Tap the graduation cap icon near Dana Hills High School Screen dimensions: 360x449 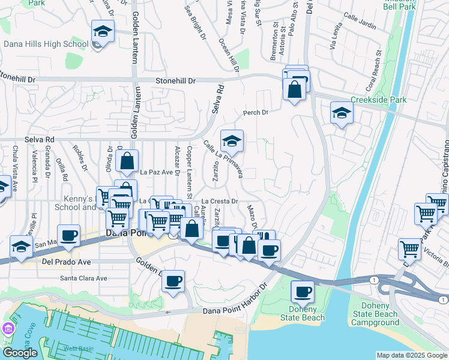tap(103, 31)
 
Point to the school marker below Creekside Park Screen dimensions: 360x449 tap(342, 112)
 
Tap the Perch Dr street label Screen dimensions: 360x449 tap(255, 112)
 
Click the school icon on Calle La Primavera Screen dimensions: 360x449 tap(232, 141)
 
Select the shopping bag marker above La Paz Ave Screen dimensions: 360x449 tap(128, 161)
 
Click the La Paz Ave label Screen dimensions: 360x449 tap(156, 172)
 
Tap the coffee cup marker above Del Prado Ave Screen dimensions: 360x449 tap(68, 235)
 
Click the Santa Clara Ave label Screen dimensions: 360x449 tap(83, 278)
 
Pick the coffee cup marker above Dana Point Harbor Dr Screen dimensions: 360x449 tap(173, 281)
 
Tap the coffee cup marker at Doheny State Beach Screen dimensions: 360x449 tap(303, 292)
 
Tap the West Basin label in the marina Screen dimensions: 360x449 tap(78, 349)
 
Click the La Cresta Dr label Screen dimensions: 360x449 tap(220, 202)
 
